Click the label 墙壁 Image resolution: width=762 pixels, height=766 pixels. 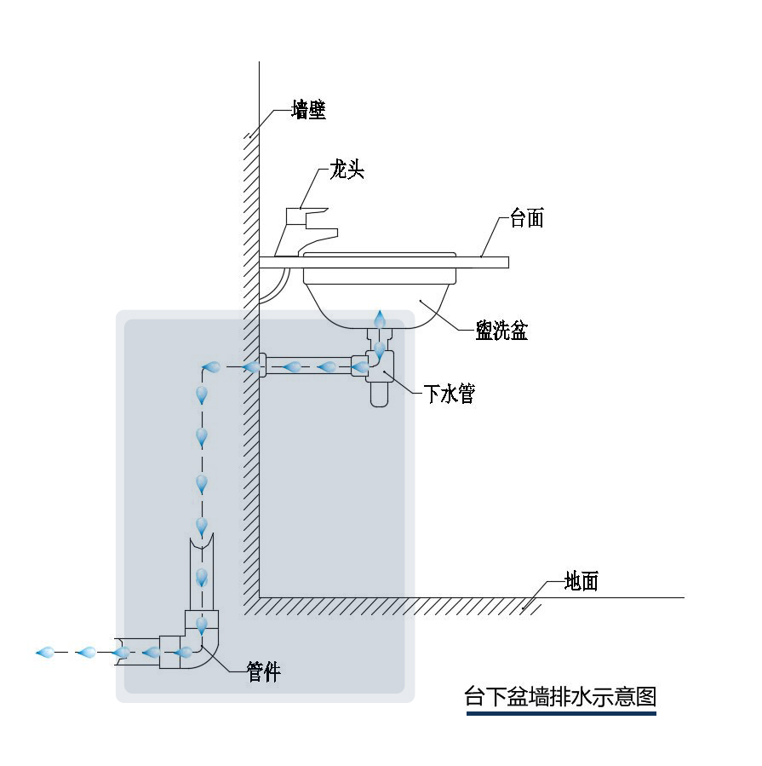(x=308, y=110)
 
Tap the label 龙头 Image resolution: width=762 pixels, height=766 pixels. (x=347, y=170)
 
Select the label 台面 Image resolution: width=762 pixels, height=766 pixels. (x=526, y=218)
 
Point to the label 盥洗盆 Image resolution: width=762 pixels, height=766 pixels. (x=501, y=331)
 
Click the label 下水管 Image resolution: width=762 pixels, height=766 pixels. (x=449, y=394)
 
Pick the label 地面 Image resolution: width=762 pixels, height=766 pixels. (x=582, y=582)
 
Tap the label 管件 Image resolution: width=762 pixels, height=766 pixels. (x=263, y=671)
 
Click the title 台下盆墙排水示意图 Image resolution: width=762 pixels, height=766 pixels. (x=560, y=696)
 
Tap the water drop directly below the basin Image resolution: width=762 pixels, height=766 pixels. (x=381, y=319)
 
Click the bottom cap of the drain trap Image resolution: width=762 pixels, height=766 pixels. (x=379, y=395)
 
